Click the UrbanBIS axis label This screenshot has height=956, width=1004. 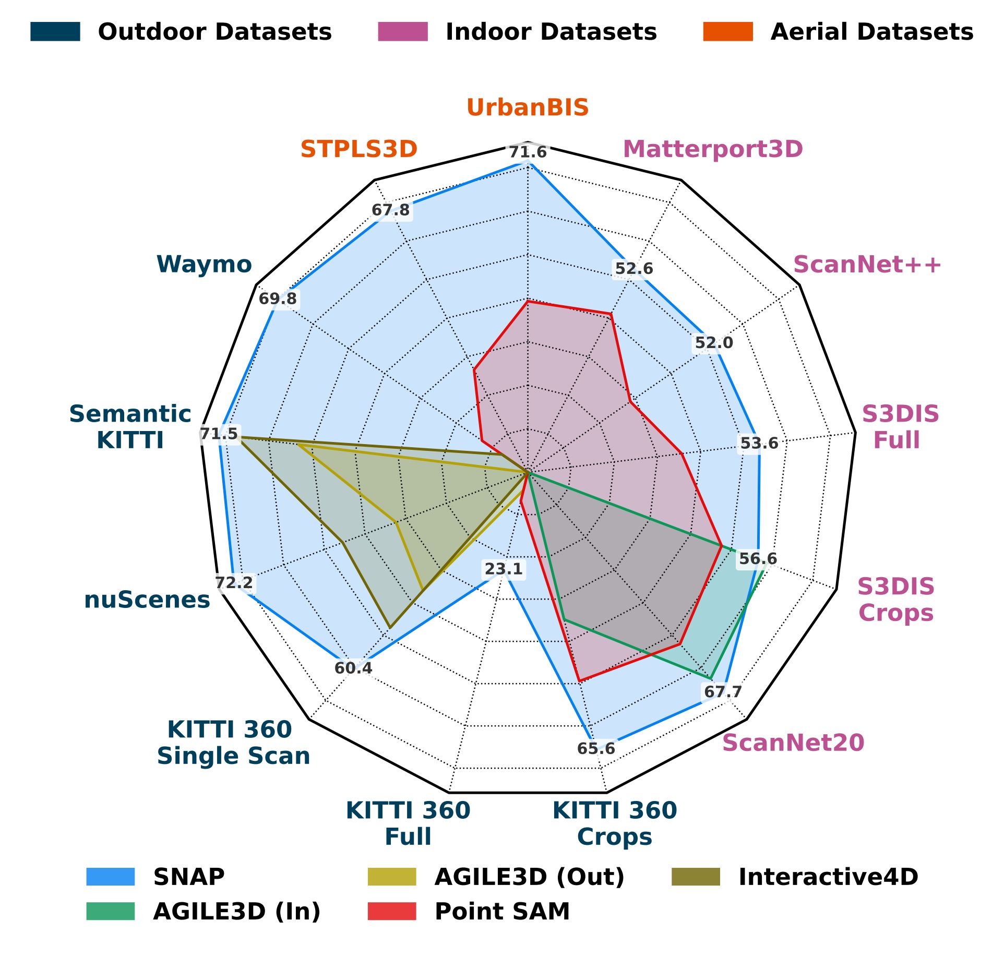coord(528,107)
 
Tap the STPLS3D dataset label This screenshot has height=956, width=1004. coord(359,149)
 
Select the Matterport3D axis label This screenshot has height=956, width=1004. coord(713,149)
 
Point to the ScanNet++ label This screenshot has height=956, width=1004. coord(867,265)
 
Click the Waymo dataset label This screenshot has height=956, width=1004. coord(204,265)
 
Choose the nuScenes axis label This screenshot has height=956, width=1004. coord(147,600)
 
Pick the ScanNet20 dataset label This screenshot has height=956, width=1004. coord(793,743)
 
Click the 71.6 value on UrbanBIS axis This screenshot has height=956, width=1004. coord(528,152)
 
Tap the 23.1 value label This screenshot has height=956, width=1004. coord(504,569)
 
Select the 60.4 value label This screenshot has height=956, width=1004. coord(353,668)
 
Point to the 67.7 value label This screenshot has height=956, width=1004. coord(723,692)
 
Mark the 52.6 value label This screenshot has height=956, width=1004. coord(634,269)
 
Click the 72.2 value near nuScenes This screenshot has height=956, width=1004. coord(234,582)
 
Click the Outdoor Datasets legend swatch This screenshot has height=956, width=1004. coord(55,32)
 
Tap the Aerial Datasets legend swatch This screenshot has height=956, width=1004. coord(728,32)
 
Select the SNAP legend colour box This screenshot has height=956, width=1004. coord(111,877)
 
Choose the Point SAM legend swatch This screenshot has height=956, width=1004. coord(392,911)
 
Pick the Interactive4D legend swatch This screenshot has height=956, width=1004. coord(696,877)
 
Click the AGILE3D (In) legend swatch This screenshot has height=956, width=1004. coord(111,911)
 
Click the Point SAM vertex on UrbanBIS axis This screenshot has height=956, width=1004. coord(528,301)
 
